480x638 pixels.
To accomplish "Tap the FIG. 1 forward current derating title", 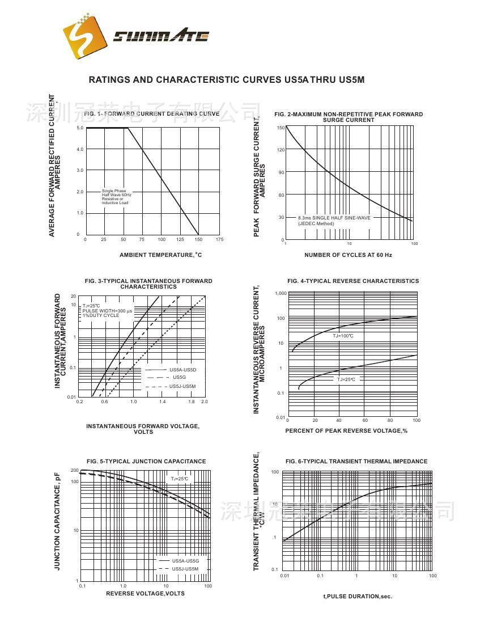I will point(151,114).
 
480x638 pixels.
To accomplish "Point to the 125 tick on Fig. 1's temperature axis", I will point(181,239).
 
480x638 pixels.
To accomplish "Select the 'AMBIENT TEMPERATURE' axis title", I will point(160,255).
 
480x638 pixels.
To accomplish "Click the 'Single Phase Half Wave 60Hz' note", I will point(117,197).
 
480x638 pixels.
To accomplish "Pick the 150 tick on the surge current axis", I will point(281,128).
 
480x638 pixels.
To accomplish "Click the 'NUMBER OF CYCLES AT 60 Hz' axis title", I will point(348,255).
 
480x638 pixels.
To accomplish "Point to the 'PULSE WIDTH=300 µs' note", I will point(107,311).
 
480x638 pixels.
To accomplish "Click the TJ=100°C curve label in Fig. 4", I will point(343,336).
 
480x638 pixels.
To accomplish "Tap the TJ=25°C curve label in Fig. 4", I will point(346,379).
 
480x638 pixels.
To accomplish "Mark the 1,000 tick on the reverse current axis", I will point(281,294).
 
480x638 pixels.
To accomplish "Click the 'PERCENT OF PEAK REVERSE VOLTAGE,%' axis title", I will point(346,431).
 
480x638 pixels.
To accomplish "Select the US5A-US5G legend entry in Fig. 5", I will point(185,561).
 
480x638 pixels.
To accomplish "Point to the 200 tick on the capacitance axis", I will point(75,471).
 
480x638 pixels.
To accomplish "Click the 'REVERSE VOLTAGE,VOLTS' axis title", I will point(145,594).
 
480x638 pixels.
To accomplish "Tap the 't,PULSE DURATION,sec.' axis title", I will point(358,597).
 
